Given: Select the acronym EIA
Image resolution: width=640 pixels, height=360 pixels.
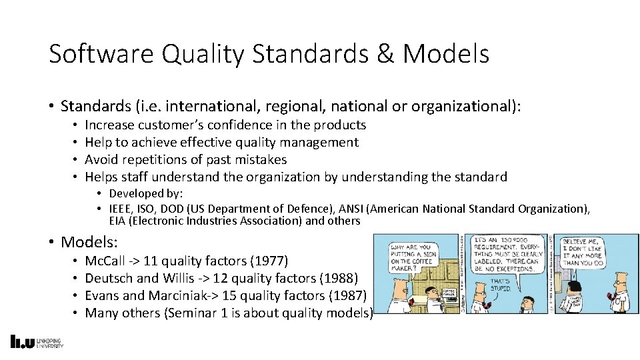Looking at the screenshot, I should tap(117, 221).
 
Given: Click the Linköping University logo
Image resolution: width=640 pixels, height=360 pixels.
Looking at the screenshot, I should tap(37, 342).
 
